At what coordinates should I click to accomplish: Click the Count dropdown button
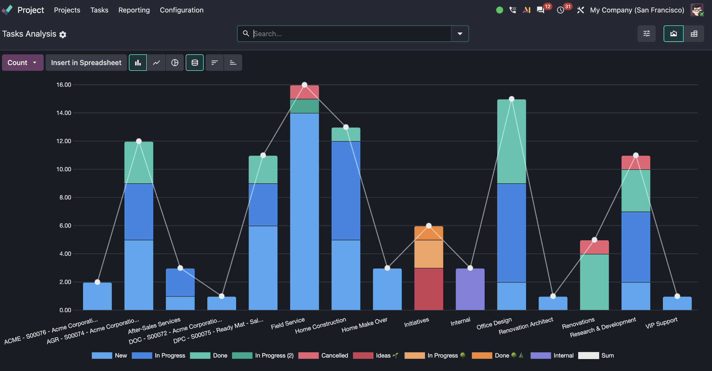(23, 63)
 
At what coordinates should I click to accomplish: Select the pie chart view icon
(175, 63)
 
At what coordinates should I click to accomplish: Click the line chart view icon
(156, 63)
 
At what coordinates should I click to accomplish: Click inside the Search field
(350, 34)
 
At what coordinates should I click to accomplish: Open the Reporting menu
(134, 10)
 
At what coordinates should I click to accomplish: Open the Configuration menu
(182, 10)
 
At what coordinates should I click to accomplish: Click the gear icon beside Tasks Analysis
(63, 35)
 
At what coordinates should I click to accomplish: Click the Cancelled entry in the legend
(323, 355)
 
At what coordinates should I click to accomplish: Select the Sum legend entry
(596, 355)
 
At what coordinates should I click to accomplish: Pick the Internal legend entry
(552, 355)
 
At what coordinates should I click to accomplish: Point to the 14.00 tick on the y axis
(64, 113)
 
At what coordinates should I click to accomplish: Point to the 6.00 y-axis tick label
(65, 226)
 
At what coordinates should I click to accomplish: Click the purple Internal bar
(470, 289)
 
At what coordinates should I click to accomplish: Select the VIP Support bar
(677, 303)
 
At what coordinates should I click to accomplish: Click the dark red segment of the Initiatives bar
(429, 289)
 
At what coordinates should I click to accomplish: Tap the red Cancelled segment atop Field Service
(304, 92)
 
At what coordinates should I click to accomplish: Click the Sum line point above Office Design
(511, 99)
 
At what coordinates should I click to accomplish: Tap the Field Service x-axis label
(288, 323)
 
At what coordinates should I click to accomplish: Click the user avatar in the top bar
(697, 10)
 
